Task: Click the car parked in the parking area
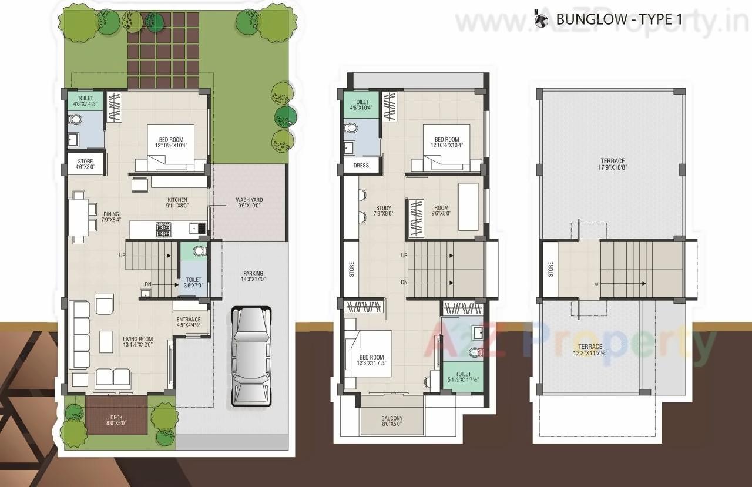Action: coord(252,355)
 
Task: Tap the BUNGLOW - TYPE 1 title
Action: coord(619,19)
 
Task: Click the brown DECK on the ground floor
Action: coord(116,414)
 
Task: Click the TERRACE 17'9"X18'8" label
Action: coord(612,164)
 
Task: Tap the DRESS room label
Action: coord(361,166)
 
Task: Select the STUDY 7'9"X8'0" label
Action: coord(384,211)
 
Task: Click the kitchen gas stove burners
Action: coord(163,230)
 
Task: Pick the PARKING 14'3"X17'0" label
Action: coord(253,277)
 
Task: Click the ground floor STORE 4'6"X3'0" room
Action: coord(85,164)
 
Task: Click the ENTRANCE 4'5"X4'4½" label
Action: coord(189,323)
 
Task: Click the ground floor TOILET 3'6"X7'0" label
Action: coord(193,283)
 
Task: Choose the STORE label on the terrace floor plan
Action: coord(550,270)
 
